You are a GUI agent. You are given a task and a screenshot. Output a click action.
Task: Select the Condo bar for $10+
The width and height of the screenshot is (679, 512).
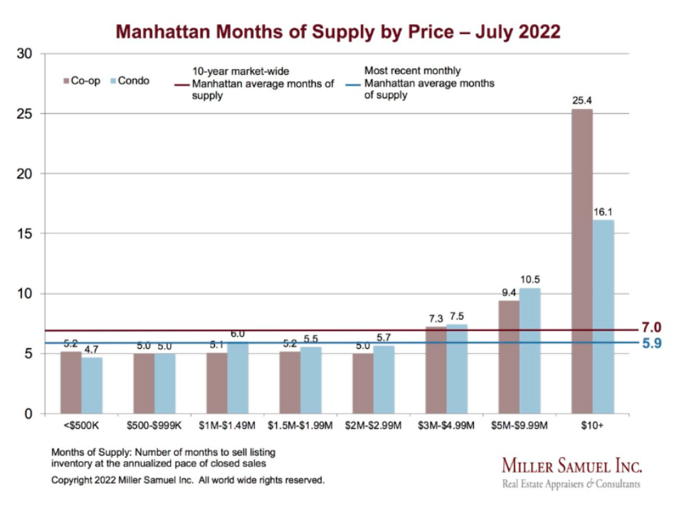pyautogui.click(x=603, y=316)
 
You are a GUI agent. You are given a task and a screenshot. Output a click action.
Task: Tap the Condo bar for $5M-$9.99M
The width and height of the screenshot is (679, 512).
pyautogui.click(x=530, y=350)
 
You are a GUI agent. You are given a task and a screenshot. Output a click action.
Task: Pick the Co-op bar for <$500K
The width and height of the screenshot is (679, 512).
pyautogui.click(x=70, y=382)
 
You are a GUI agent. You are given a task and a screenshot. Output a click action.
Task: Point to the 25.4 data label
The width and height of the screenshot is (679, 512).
pyautogui.click(x=582, y=100)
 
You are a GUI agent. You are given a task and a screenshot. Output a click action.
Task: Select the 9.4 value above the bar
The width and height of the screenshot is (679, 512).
pyautogui.click(x=508, y=292)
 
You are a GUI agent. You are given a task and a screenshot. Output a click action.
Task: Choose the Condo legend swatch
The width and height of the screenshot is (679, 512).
pyautogui.click(x=112, y=81)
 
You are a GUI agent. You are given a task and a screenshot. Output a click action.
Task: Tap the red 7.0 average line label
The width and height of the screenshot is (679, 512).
pyautogui.click(x=651, y=328)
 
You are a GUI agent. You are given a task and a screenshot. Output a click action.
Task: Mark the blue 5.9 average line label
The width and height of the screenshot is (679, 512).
pyautogui.click(x=651, y=343)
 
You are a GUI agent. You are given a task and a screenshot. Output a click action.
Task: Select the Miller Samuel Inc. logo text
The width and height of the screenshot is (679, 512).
pyautogui.click(x=572, y=466)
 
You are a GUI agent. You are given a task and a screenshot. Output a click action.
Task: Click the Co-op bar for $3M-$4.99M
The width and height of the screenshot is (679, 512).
pyautogui.click(x=436, y=370)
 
